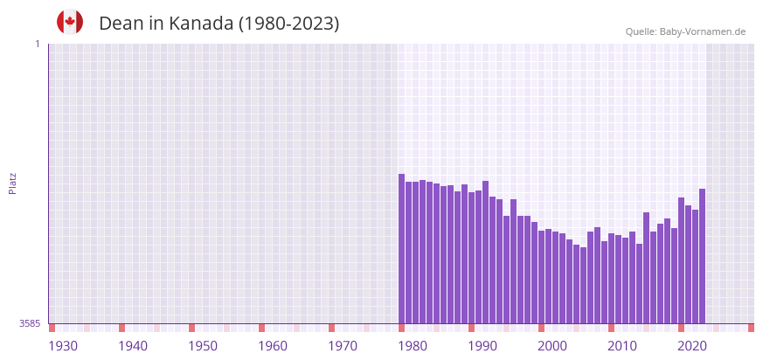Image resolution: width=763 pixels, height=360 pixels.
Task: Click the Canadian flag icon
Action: [x=70, y=23]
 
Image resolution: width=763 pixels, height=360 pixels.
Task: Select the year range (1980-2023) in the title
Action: [x=289, y=24]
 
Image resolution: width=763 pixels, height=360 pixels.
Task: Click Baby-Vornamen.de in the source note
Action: [x=702, y=31]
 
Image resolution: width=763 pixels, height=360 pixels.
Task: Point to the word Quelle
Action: [x=640, y=31]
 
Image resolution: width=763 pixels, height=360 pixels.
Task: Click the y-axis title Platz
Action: [x=12, y=183]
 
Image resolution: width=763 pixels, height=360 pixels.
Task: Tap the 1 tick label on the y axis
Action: [x=37, y=44]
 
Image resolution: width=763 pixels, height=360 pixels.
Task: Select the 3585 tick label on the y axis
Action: [x=30, y=323]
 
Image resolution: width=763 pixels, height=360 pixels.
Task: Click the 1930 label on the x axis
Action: [x=63, y=346]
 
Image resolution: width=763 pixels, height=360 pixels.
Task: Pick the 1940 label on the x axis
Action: [x=133, y=346]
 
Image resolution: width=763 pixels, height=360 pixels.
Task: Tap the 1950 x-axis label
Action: [x=203, y=346]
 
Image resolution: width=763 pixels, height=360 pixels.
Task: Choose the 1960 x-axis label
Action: [x=273, y=346]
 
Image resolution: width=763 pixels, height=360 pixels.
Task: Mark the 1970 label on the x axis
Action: [x=343, y=346]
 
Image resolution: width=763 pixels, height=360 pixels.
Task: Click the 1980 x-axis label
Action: [x=413, y=346]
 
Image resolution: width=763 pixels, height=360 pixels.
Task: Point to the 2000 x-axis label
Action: [x=552, y=346]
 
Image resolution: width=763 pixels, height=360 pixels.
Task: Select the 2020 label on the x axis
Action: [x=692, y=346]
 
